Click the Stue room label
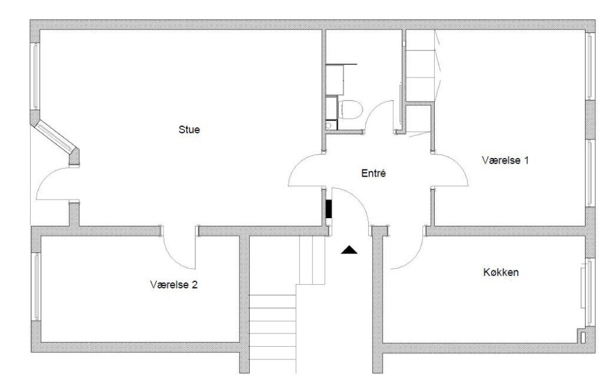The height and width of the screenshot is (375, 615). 189,129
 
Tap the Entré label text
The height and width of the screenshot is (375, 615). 374,173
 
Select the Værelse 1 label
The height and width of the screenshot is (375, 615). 505,160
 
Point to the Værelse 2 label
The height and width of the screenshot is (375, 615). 174,284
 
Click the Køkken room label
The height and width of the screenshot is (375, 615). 501,272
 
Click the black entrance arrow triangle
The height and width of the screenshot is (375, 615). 349,250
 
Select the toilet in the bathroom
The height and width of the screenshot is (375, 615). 350,109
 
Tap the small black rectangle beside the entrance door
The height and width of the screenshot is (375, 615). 329,209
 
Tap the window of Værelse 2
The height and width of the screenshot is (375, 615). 35,286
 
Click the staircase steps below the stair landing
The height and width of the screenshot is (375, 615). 273,334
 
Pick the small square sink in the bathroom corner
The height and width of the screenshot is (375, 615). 331,125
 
